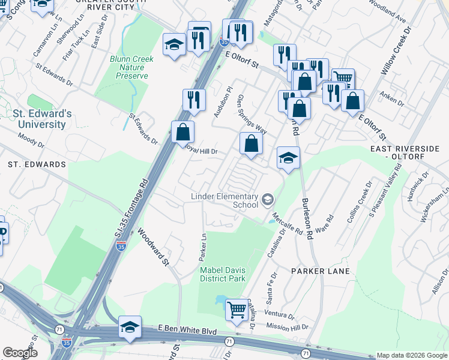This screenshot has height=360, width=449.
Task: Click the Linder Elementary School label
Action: (x=224, y=200)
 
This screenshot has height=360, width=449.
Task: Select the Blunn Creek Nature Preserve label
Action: (x=131, y=67)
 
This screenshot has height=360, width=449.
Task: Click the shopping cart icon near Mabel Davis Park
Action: (x=237, y=310)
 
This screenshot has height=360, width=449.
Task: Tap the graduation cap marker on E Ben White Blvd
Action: (x=130, y=328)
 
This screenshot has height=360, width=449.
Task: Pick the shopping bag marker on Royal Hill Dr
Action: (x=182, y=132)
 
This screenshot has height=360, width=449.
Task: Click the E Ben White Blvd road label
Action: (x=187, y=329)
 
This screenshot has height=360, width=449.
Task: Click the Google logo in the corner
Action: (x=20, y=353)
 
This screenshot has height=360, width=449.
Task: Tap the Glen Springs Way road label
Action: (x=252, y=113)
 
